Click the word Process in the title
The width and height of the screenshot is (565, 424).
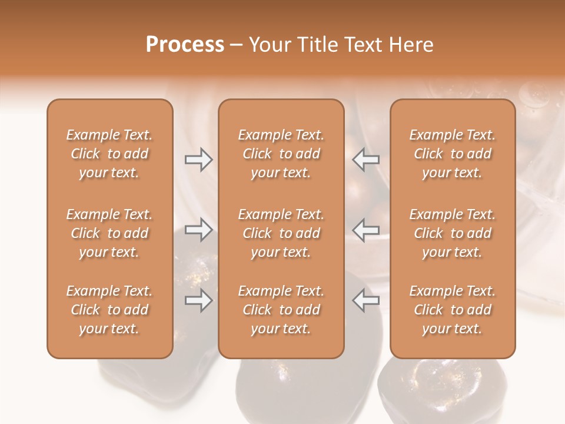click(x=185, y=45)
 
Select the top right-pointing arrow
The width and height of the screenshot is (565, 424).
click(x=198, y=160)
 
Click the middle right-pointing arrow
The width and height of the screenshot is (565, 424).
click(x=198, y=230)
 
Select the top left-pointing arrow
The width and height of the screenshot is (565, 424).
click(x=366, y=160)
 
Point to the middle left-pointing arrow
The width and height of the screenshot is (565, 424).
click(x=366, y=230)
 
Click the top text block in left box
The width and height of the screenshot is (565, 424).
click(x=109, y=154)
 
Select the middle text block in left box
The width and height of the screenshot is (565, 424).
click(x=109, y=233)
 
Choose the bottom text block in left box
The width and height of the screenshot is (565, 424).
click(x=109, y=310)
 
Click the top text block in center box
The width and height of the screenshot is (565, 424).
click(x=281, y=154)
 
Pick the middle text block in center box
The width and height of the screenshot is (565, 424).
click(x=281, y=233)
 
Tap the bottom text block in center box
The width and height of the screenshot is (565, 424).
click(x=281, y=310)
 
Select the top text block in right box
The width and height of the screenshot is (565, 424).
click(x=453, y=154)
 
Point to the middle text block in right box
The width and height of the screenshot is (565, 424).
click(x=453, y=233)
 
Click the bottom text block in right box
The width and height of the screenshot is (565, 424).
click(x=453, y=310)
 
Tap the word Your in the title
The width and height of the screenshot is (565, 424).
click(x=270, y=45)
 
